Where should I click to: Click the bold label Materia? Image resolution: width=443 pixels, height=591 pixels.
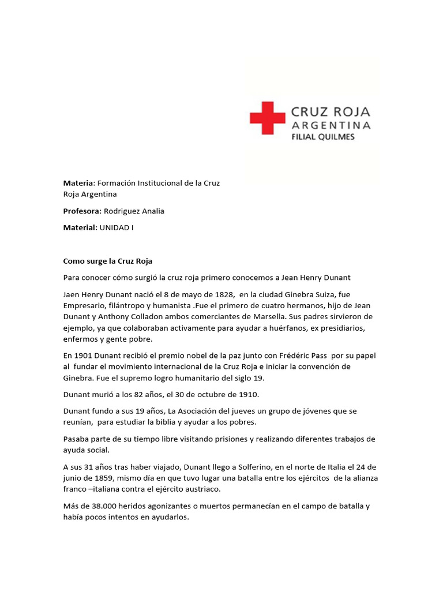pyautogui.click(x=77, y=183)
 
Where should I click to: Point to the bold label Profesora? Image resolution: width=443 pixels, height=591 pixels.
pyautogui.click(x=81, y=211)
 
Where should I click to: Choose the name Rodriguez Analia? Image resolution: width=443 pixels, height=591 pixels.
pyautogui.click(x=134, y=211)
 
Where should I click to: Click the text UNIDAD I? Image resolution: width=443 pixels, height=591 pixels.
pyautogui.click(x=116, y=227)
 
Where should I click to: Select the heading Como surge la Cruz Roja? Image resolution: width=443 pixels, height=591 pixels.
pyautogui.click(x=107, y=261)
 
